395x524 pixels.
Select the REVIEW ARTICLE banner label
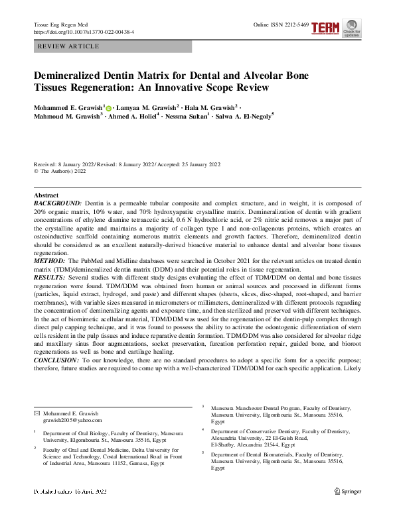click(x=70, y=47)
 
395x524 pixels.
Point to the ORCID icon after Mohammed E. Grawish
click(x=108, y=107)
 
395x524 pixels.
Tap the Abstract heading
click(x=46, y=195)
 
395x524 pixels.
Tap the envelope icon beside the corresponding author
click(x=37, y=413)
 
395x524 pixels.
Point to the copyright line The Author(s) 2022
click(x=62, y=170)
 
